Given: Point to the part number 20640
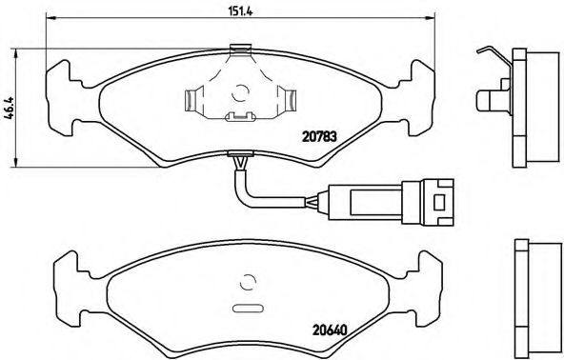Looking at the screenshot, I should click(331, 330).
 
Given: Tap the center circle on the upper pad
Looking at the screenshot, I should click(240, 93).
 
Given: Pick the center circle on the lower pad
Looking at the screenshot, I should click(250, 282).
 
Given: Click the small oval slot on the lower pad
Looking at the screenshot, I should click(247, 308).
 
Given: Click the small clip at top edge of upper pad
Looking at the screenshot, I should click(240, 47).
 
